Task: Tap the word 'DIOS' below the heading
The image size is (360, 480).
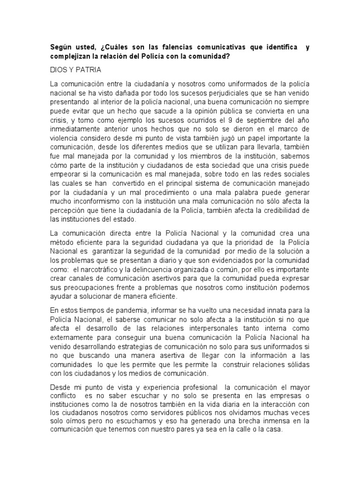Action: [x=58, y=70]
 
